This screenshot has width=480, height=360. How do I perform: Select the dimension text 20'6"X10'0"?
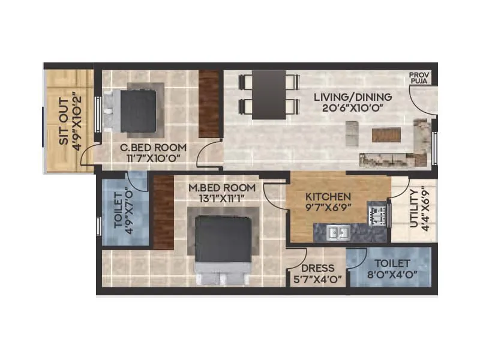[x=353, y=109]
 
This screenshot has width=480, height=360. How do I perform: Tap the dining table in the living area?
[x=269, y=94]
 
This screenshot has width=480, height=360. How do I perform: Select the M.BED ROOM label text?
[x=217, y=187]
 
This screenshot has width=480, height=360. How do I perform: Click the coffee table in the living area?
[x=386, y=134]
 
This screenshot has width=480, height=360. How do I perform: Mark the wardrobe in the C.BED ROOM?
[x=210, y=103]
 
